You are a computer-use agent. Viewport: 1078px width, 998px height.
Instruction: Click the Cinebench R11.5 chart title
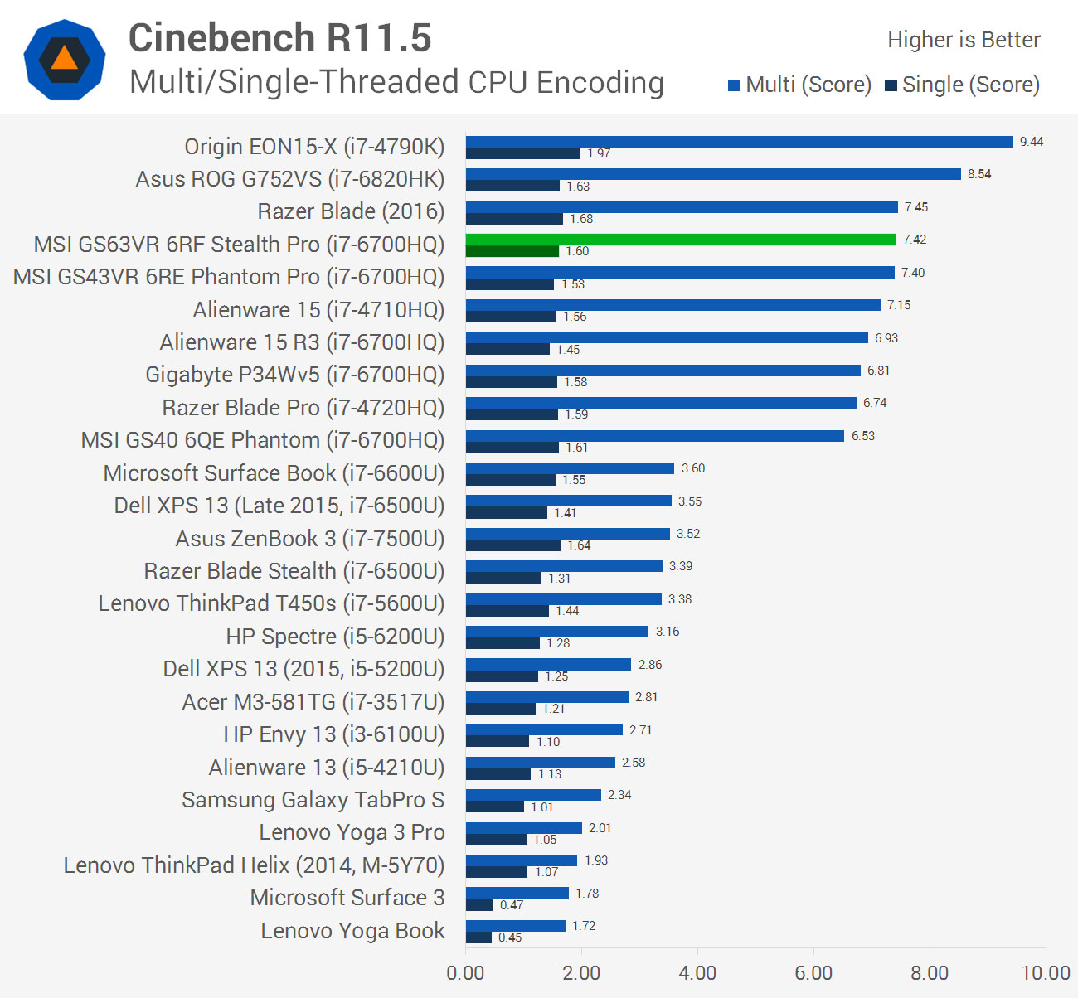click(x=279, y=38)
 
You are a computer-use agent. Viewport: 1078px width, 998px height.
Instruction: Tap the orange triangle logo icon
click(x=64, y=59)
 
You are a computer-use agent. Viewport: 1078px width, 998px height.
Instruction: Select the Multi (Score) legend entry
click(x=799, y=85)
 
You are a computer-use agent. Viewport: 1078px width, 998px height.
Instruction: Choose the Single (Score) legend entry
click(x=962, y=85)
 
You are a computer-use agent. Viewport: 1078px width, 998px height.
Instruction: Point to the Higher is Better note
click(x=964, y=40)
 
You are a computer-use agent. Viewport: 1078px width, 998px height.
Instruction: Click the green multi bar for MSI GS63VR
click(x=680, y=240)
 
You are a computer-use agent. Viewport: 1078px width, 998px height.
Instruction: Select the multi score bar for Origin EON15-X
click(x=739, y=142)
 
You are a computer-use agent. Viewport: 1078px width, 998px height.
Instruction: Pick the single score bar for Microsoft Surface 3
click(x=479, y=905)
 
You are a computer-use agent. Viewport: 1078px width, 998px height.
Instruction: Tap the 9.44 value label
click(x=1032, y=142)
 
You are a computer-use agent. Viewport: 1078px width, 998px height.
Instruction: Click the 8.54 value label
click(x=979, y=174)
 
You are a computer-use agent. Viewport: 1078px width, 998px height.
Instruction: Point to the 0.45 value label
click(x=510, y=937)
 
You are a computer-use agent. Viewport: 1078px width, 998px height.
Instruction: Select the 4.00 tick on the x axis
click(x=697, y=973)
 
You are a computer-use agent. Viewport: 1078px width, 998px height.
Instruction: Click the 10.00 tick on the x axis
click(x=1046, y=973)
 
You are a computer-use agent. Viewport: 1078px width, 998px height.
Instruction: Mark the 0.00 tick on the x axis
click(x=465, y=973)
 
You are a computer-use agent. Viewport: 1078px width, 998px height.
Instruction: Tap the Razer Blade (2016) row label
click(x=351, y=211)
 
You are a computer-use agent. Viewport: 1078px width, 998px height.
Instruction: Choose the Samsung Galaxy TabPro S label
click(x=313, y=800)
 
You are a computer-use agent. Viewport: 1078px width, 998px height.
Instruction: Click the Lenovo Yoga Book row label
click(x=352, y=931)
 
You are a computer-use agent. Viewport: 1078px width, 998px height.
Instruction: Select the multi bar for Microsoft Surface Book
click(x=570, y=468)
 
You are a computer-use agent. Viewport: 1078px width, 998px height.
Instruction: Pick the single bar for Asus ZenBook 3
click(x=512, y=545)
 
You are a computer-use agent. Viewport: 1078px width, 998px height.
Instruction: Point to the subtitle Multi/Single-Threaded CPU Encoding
click(x=396, y=82)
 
